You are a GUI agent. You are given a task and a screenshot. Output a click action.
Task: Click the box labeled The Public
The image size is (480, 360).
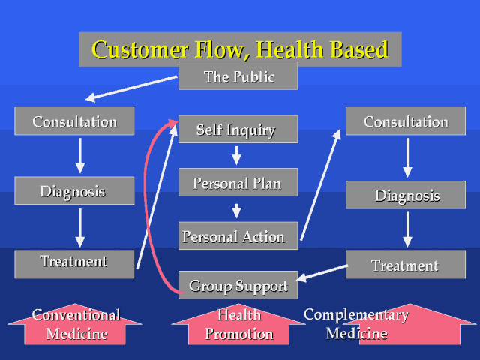[x=238, y=76]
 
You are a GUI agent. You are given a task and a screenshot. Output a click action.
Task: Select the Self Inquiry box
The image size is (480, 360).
[x=238, y=129]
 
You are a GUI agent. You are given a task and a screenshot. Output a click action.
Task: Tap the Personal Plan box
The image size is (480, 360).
[x=238, y=182]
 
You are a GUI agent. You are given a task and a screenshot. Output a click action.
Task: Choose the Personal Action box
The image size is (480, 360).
[x=238, y=235]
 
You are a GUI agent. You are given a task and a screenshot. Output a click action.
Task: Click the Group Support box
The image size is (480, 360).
[x=238, y=285]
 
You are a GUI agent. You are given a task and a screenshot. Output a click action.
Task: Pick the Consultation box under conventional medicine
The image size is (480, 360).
[x=74, y=121]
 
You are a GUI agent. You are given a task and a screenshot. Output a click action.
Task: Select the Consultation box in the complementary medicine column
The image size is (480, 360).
[x=406, y=121]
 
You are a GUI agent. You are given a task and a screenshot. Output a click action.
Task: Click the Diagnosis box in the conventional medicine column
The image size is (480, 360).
[x=74, y=190]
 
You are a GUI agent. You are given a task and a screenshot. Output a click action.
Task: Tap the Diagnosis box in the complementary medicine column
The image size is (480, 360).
[x=406, y=195]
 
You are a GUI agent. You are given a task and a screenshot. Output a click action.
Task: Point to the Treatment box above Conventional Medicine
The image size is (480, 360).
[x=74, y=264]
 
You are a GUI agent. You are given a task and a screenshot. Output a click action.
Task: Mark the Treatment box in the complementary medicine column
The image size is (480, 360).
[x=406, y=264]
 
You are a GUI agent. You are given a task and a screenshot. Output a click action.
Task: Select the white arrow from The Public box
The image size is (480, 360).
[x=132, y=88]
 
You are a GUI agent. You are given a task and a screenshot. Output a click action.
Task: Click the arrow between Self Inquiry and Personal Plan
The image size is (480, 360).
[x=236, y=155]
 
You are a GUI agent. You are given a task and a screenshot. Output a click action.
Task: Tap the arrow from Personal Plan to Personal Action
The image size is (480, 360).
[x=236, y=211]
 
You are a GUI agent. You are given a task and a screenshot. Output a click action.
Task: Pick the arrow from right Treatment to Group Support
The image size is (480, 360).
[x=322, y=273]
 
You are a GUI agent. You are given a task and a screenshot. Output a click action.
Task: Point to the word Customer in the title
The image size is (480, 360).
[x=140, y=49]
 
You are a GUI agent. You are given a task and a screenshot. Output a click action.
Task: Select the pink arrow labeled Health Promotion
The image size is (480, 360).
[x=238, y=324]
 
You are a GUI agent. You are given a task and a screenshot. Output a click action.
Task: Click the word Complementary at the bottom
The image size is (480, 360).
[x=356, y=315]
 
